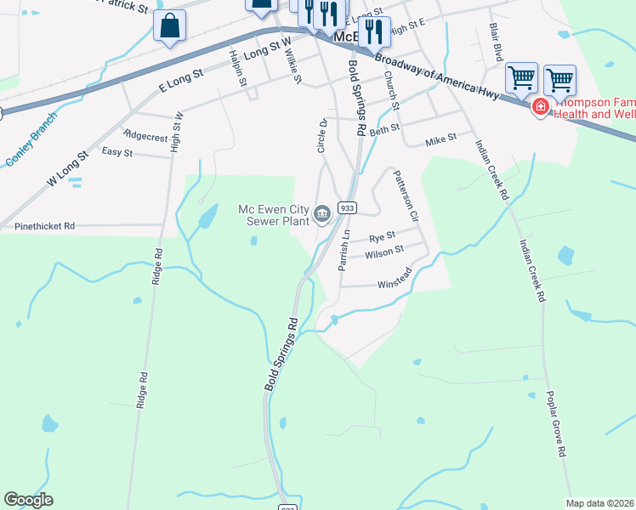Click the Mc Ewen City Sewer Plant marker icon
(x=322, y=213)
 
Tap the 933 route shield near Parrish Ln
(x=347, y=207)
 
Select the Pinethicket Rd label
(x=45, y=227)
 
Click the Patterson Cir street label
(x=406, y=195)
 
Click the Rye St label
(x=382, y=235)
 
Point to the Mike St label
(x=441, y=137)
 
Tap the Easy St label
(x=117, y=153)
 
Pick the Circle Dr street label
(x=322, y=136)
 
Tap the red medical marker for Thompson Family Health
(x=540, y=107)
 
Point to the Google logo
(x=28, y=500)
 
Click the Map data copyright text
(x=599, y=502)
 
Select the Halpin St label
(x=237, y=68)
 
